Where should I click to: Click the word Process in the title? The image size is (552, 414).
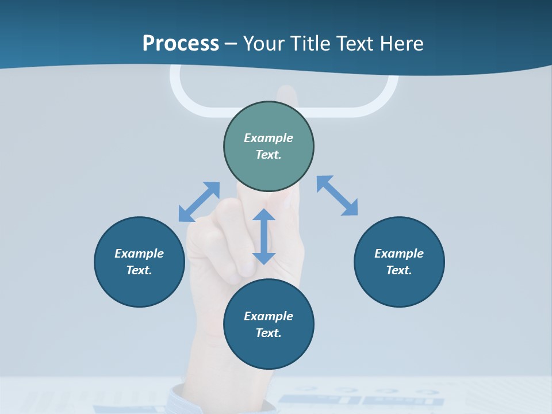[181, 44]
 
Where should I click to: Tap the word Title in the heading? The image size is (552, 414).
[309, 44]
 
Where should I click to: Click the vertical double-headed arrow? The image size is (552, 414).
[264, 236]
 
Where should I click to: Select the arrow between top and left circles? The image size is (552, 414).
[200, 202]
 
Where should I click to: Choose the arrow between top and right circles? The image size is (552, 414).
[338, 195]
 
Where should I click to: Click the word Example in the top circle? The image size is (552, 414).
[269, 138]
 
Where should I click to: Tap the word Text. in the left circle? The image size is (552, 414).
[139, 270]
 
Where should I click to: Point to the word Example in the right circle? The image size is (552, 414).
[399, 254]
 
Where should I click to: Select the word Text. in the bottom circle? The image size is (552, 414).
[269, 333]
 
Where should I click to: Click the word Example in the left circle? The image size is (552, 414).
[139, 254]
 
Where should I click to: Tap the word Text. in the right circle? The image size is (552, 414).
[399, 270]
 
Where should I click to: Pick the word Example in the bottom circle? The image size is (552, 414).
[269, 316]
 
